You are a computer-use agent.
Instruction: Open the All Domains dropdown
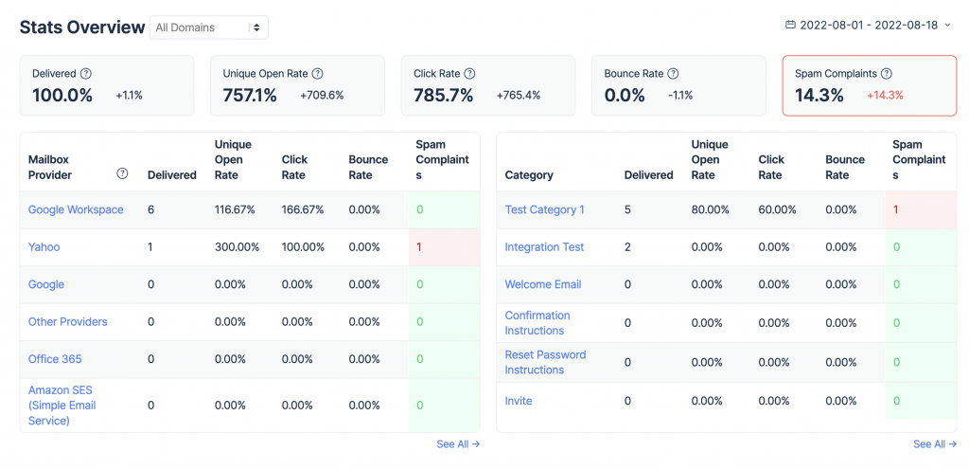[209, 27]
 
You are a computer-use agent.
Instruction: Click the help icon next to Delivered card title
[86, 73]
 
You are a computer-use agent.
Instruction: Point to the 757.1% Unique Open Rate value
[250, 95]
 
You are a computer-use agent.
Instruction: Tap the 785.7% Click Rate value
[443, 95]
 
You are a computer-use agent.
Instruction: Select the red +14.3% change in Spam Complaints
[885, 95]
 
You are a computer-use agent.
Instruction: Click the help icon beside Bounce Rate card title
[673, 73]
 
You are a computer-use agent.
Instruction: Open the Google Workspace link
[76, 209]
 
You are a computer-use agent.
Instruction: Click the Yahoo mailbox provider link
[44, 247]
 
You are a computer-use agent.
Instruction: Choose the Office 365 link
[55, 359]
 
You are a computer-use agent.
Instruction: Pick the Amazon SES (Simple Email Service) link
[62, 405]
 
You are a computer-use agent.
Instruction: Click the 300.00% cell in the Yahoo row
[235, 247]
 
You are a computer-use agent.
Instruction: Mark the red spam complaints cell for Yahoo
[444, 247]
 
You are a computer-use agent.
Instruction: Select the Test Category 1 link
[544, 209]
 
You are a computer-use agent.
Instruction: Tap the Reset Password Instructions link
[545, 362]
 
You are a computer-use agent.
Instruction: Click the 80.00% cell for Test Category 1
[711, 209]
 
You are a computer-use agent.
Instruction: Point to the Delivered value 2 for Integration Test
[627, 247]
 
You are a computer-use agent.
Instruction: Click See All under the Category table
[933, 443]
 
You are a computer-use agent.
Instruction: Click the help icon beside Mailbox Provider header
[122, 173]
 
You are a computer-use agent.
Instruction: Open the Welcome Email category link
[543, 284]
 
